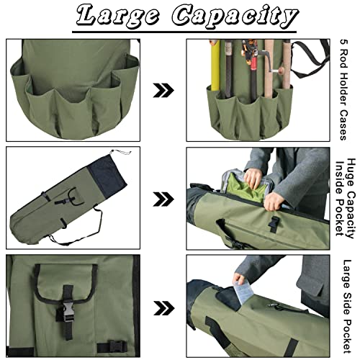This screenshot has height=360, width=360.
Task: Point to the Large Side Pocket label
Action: click(346, 302)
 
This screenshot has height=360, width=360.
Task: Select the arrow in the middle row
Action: click(164, 199)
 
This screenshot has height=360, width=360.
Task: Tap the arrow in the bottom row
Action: click(164, 305)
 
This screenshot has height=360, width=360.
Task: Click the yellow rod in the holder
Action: click(214, 68)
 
